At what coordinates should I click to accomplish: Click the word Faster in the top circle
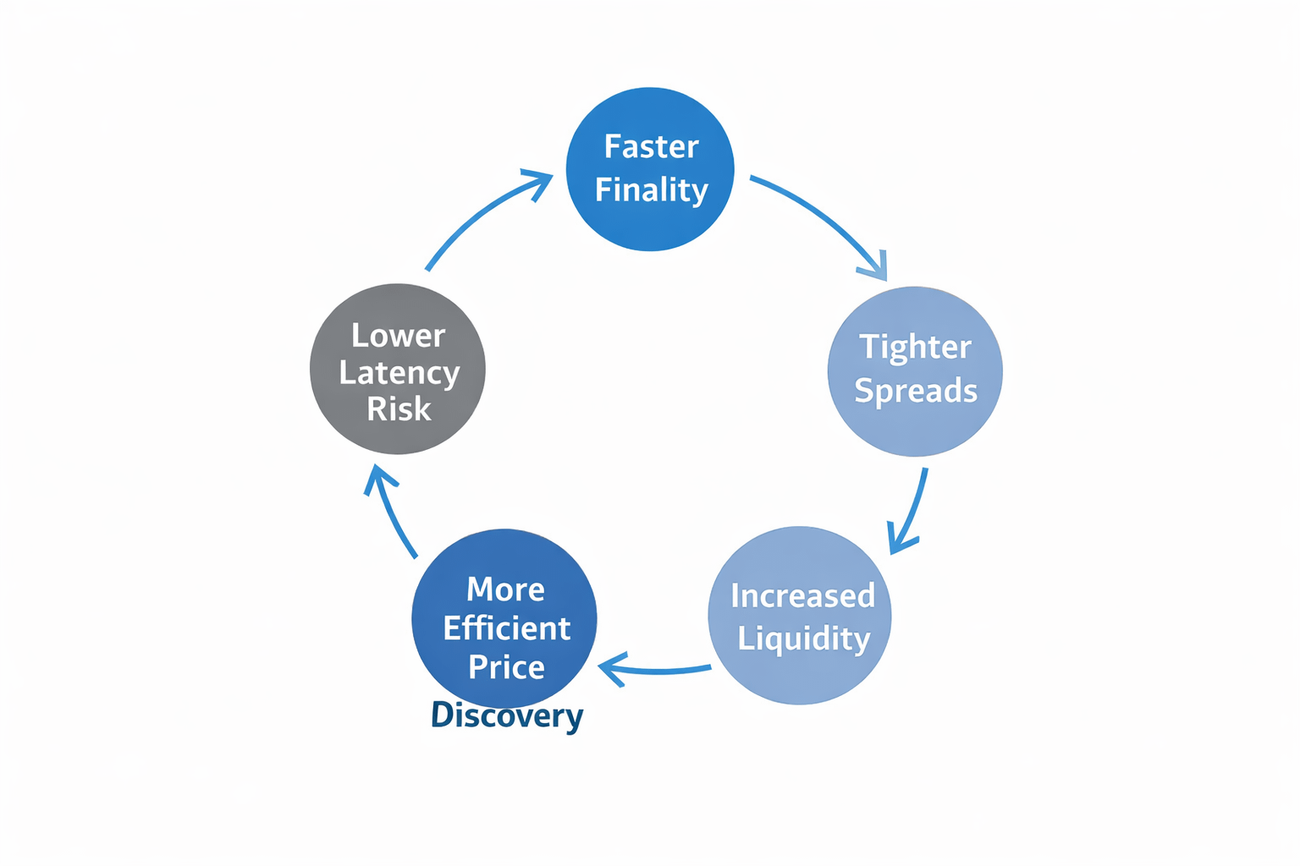[651, 147]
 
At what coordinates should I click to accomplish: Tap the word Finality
[651, 190]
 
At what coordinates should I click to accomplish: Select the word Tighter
[915, 348]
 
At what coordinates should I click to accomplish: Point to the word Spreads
[916, 391]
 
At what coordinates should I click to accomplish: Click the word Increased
[802, 596]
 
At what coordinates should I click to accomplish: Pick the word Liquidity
[803, 639]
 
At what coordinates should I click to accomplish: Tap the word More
[505, 589]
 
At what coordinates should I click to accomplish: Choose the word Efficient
[506, 628]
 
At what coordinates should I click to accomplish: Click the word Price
[506, 667]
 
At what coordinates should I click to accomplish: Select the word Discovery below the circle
[507, 716]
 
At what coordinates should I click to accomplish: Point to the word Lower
[398, 337]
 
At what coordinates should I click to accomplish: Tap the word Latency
[399, 373]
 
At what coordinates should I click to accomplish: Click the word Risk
[399, 409]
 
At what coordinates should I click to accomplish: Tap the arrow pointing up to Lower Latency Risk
[389, 512]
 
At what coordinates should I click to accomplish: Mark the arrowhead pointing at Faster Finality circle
[541, 179]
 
